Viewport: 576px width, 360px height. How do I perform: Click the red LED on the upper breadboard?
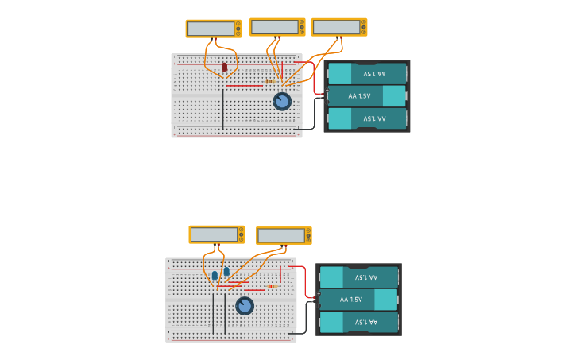[224, 67]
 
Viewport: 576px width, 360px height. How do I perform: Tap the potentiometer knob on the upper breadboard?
[282, 102]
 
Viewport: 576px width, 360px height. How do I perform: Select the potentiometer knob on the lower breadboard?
[245, 306]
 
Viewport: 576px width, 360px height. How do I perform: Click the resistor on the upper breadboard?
[270, 82]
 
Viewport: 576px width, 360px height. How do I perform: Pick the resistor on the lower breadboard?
[273, 286]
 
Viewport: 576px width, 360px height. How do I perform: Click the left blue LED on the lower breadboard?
[215, 275]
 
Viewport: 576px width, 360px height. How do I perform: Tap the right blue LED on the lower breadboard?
[226, 272]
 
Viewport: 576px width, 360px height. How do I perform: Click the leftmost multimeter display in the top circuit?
[211, 29]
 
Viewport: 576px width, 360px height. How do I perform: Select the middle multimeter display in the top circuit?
[274, 27]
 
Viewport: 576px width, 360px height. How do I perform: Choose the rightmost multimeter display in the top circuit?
[336, 27]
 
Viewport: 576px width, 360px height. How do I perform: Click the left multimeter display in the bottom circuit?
[214, 234]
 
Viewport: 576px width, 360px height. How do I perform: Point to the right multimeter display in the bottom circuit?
[281, 236]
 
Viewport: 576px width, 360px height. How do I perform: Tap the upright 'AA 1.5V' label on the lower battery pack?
[350, 300]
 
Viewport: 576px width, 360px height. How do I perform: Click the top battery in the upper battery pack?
[367, 74]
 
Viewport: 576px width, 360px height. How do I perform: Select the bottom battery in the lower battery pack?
[358, 322]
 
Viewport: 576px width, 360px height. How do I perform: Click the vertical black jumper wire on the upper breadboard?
[223, 108]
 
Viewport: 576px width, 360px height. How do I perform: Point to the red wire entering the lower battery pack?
[310, 291]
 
